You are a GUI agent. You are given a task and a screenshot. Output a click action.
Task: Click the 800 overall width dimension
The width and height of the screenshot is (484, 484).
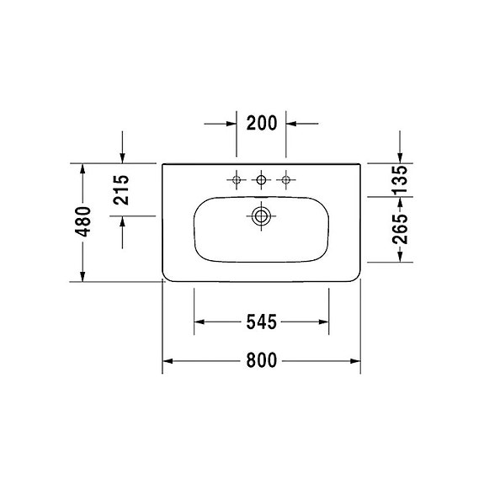(262, 360)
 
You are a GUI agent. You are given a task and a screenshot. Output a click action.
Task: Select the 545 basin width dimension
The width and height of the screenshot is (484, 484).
(262, 322)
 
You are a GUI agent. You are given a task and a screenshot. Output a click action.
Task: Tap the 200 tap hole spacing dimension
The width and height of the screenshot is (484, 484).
(262, 123)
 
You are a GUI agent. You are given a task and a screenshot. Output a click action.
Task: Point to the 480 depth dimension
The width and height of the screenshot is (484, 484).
(83, 222)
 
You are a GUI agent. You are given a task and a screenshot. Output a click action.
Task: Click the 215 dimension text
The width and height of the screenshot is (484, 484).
(122, 190)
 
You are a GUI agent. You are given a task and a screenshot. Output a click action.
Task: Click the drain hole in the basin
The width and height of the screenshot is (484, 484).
(262, 215)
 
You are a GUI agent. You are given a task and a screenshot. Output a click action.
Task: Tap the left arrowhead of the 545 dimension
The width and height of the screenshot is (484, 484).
(200, 322)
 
